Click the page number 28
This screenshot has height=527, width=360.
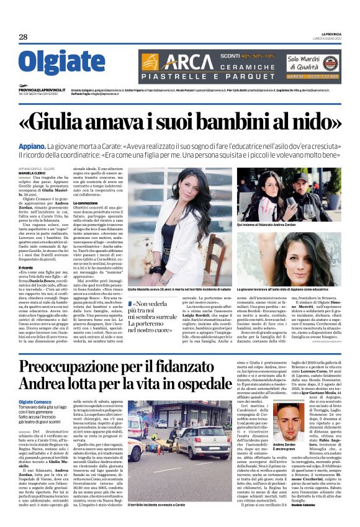point(24,37)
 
